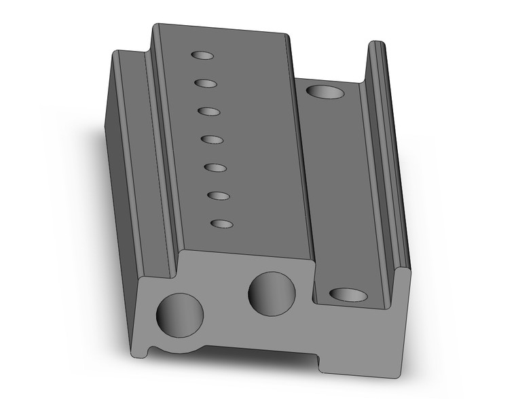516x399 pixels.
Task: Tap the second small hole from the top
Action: tap(205, 83)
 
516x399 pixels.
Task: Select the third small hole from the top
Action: tap(208, 111)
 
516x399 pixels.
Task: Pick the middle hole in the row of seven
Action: tap(212, 139)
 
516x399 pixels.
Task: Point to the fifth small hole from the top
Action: tap(215, 167)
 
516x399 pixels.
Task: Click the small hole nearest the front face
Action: tap(222, 223)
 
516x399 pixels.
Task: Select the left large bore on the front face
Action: tap(180, 314)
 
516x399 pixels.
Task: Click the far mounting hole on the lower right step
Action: tap(324, 91)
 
